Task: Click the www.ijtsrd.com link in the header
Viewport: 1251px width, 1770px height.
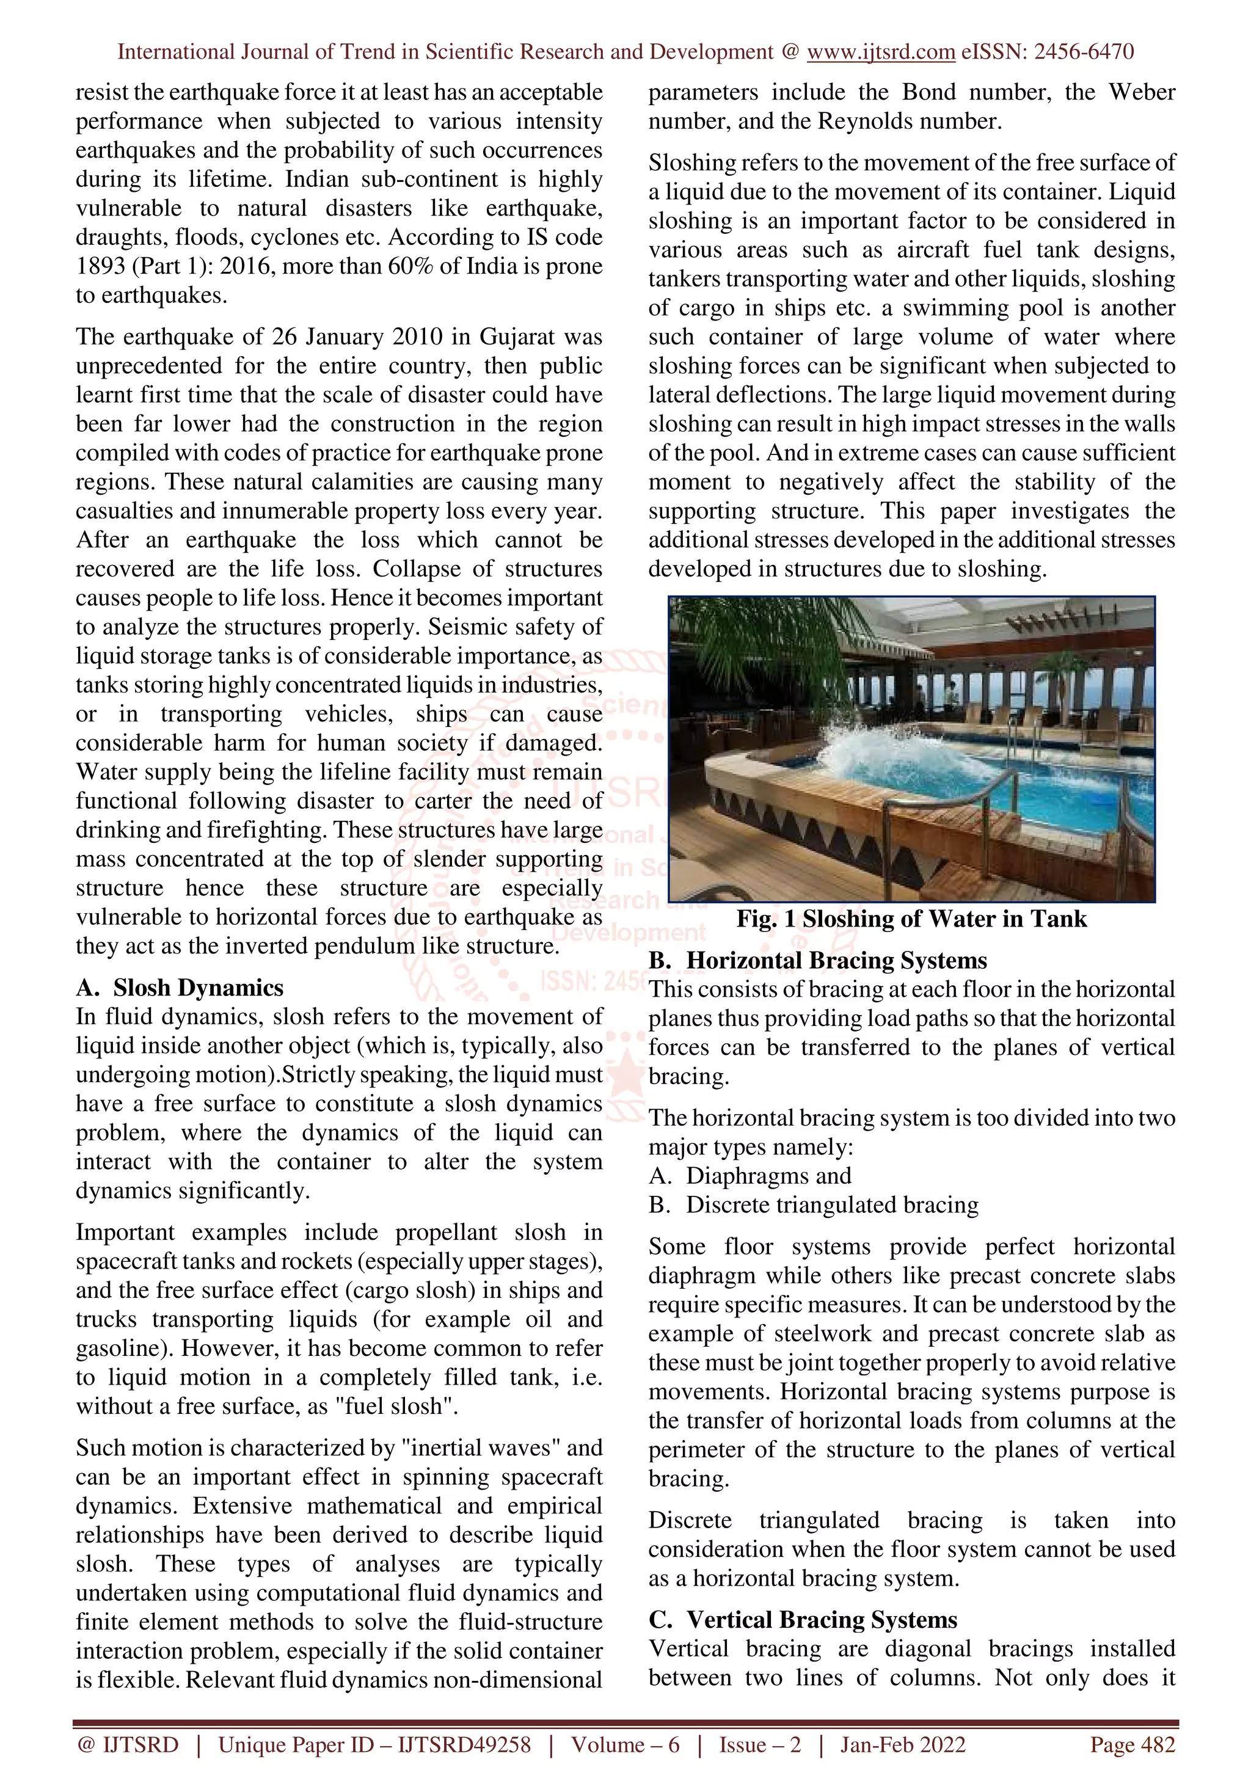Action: (x=880, y=52)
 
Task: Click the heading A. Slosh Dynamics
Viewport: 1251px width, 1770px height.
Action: (x=180, y=988)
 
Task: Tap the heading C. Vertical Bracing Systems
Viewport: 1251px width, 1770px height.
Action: (x=803, y=1619)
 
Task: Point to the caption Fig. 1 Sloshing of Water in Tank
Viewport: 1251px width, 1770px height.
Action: (x=911, y=919)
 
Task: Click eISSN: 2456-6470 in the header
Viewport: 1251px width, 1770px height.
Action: (x=1048, y=52)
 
